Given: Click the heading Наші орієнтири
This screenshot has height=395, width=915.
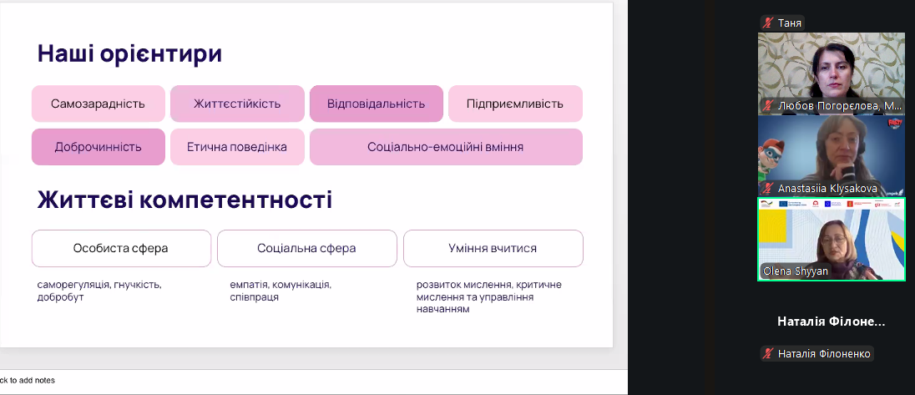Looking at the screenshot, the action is tap(129, 53).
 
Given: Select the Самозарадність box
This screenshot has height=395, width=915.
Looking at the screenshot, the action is tap(98, 104).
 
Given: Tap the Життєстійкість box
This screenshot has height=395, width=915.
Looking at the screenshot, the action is tap(237, 104).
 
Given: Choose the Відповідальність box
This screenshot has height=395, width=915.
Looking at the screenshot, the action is tap(377, 104).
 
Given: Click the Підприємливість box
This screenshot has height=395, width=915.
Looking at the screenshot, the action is tap(515, 104).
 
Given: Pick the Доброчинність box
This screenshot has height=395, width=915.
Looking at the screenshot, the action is tap(98, 147).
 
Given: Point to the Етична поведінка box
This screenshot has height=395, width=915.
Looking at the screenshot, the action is tap(237, 147).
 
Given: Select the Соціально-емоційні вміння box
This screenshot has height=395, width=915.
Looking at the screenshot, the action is tap(446, 147).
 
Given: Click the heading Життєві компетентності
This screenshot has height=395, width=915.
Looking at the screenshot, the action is tap(185, 200).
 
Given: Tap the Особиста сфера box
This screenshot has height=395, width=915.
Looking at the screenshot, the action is tap(121, 249).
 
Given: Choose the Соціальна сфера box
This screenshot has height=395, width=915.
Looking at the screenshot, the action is tap(307, 249).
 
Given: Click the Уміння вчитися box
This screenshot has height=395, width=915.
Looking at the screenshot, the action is tap(493, 249).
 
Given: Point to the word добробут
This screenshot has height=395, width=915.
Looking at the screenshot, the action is tap(61, 297).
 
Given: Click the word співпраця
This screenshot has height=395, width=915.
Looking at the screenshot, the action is tap(255, 297).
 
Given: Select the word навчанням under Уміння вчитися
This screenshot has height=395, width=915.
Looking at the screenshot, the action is tap(443, 310).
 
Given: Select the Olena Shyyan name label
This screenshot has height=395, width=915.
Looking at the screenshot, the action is tap(796, 271).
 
